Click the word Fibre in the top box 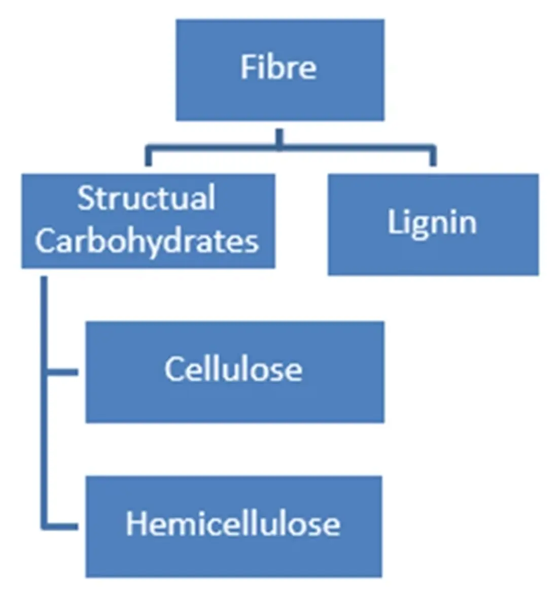278,67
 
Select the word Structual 146,198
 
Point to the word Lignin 432,222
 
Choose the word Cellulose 233,369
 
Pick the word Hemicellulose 233,523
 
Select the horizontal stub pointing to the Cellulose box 63,372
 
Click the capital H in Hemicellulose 135,523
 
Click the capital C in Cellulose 173,369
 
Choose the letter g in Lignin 417,226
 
